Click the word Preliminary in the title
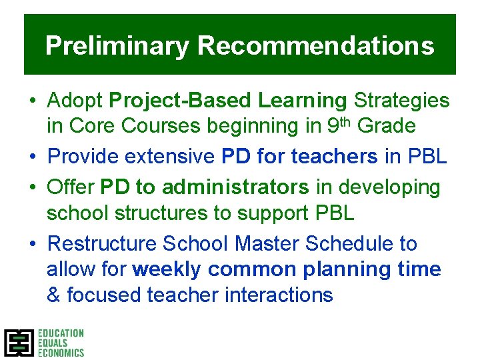coord(117,47)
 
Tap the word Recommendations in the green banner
coord(315,47)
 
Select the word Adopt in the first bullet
coord(75,101)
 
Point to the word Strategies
coord(401,101)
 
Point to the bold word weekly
coord(167,269)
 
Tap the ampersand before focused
coord(53,295)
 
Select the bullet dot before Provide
coord(33,157)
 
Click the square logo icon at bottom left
coord(19,343)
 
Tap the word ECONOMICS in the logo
coord(61,353)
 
